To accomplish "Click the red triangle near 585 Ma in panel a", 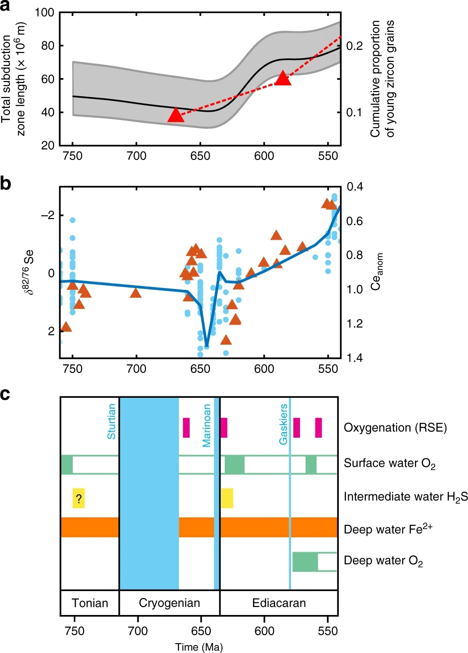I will [x=283, y=78].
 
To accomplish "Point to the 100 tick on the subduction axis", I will [x=45, y=13].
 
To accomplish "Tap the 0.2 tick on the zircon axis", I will [x=354, y=46].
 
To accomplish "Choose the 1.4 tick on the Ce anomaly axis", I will [x=354, y=358].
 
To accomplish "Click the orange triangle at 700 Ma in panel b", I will [x=136, y=293].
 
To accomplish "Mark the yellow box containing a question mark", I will [x=78, y=498].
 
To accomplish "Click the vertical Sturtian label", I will [x=111, y=421].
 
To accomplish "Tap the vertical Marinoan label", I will [x=207, y=425].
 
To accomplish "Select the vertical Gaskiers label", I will [x=284, y=424].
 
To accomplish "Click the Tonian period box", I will [x=90, y=603].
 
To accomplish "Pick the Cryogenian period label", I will [x=169, y=603].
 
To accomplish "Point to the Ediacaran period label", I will [x=279, y=603].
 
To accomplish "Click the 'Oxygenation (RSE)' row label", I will [x=395, y=428].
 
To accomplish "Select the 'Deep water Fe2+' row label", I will [x=388, y=529].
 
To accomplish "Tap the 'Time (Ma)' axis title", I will [x=199, y=647].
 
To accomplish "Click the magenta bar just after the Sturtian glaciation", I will [x=186, y=427].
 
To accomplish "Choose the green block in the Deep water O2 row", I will [x=305, y=562].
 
